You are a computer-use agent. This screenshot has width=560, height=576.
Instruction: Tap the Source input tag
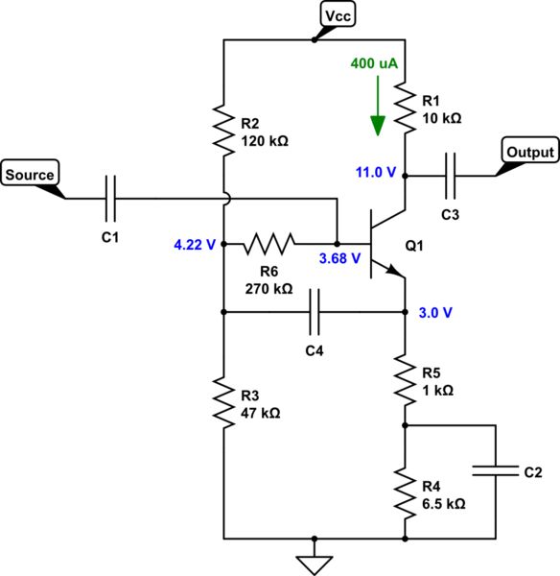30,174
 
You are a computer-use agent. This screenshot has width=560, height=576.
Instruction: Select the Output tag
528,152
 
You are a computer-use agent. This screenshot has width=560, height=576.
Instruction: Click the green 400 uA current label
375,62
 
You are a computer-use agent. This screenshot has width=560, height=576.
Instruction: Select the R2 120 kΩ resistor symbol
222,132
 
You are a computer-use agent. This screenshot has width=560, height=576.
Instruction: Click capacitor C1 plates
112,198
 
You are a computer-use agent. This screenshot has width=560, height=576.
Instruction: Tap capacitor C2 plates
496,471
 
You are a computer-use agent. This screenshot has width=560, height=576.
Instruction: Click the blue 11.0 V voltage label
375,173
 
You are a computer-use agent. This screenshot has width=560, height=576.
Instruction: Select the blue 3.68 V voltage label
340,258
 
